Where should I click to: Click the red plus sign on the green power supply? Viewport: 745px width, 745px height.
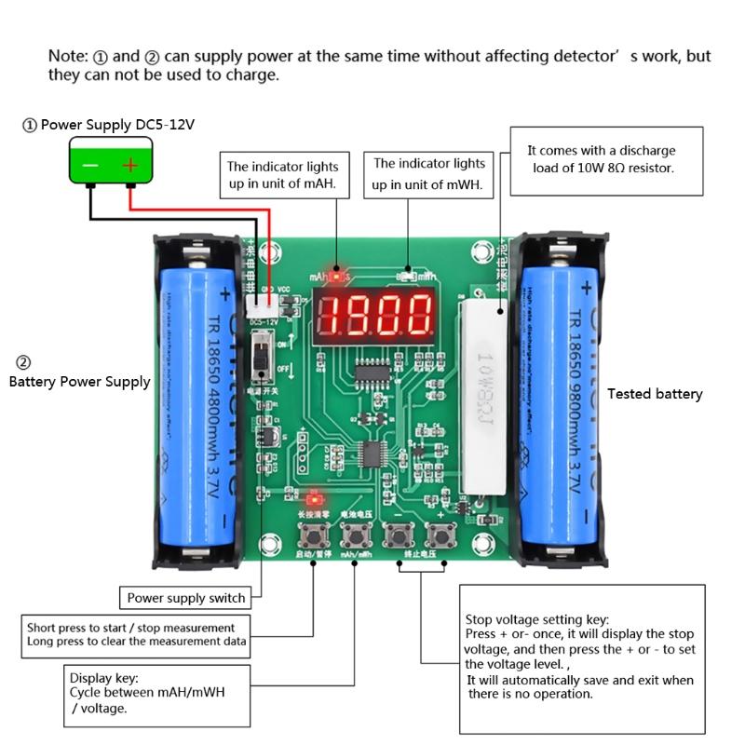(x=130, y=166)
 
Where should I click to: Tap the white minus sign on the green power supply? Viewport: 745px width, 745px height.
(x=89, y=166)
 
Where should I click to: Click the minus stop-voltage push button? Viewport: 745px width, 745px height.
(x=399, y=536)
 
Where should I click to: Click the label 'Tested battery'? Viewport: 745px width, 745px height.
(x=655, y=394)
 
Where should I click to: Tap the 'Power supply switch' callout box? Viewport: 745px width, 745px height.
(x=186, y=598)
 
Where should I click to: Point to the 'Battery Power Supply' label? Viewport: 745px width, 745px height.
(x=79, y=381)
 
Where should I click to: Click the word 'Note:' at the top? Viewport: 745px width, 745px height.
(x=68, y=56)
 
